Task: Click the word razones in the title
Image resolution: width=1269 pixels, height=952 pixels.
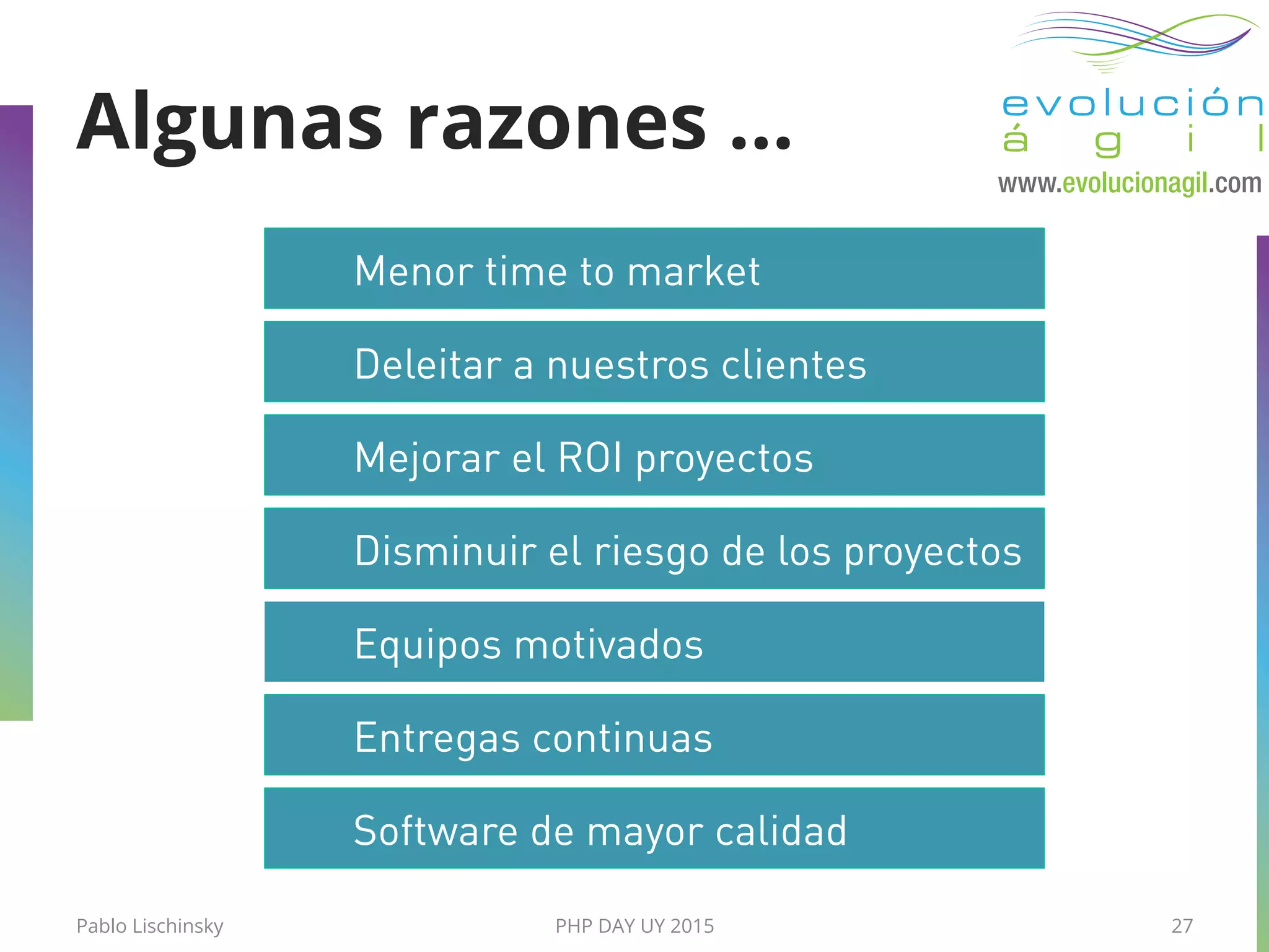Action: tap(556, 124)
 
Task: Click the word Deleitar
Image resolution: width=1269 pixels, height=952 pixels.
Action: tap(428, 364)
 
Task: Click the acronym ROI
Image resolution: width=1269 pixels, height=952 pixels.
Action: tap(590, 458)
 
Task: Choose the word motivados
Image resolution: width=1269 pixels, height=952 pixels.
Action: tap(608, 645)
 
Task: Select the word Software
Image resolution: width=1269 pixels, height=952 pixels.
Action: tap(436, 831)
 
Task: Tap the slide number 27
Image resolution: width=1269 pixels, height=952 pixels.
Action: tap(1182, 926)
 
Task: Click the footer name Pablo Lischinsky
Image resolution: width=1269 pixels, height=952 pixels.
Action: tap(149, 926)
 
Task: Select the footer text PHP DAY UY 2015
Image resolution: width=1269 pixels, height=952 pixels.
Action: tap(634, 926)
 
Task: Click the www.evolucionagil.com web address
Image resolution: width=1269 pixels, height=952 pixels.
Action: tap(1129, 183)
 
